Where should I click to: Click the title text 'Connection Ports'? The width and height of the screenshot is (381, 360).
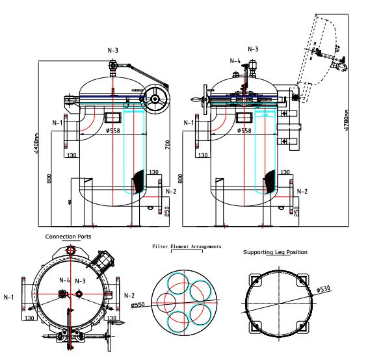coord(68,237)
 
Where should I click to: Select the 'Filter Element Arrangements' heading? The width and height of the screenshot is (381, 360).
coord(187,247)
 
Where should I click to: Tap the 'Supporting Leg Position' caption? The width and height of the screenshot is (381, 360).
coord(275,252)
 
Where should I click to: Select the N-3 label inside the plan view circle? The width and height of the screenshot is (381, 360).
coord(80,281)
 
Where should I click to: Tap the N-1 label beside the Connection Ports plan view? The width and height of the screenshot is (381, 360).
coord(9,298)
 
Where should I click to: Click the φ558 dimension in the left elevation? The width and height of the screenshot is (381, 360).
coord(112,131)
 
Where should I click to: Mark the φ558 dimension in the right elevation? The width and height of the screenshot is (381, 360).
coord(244,131)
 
